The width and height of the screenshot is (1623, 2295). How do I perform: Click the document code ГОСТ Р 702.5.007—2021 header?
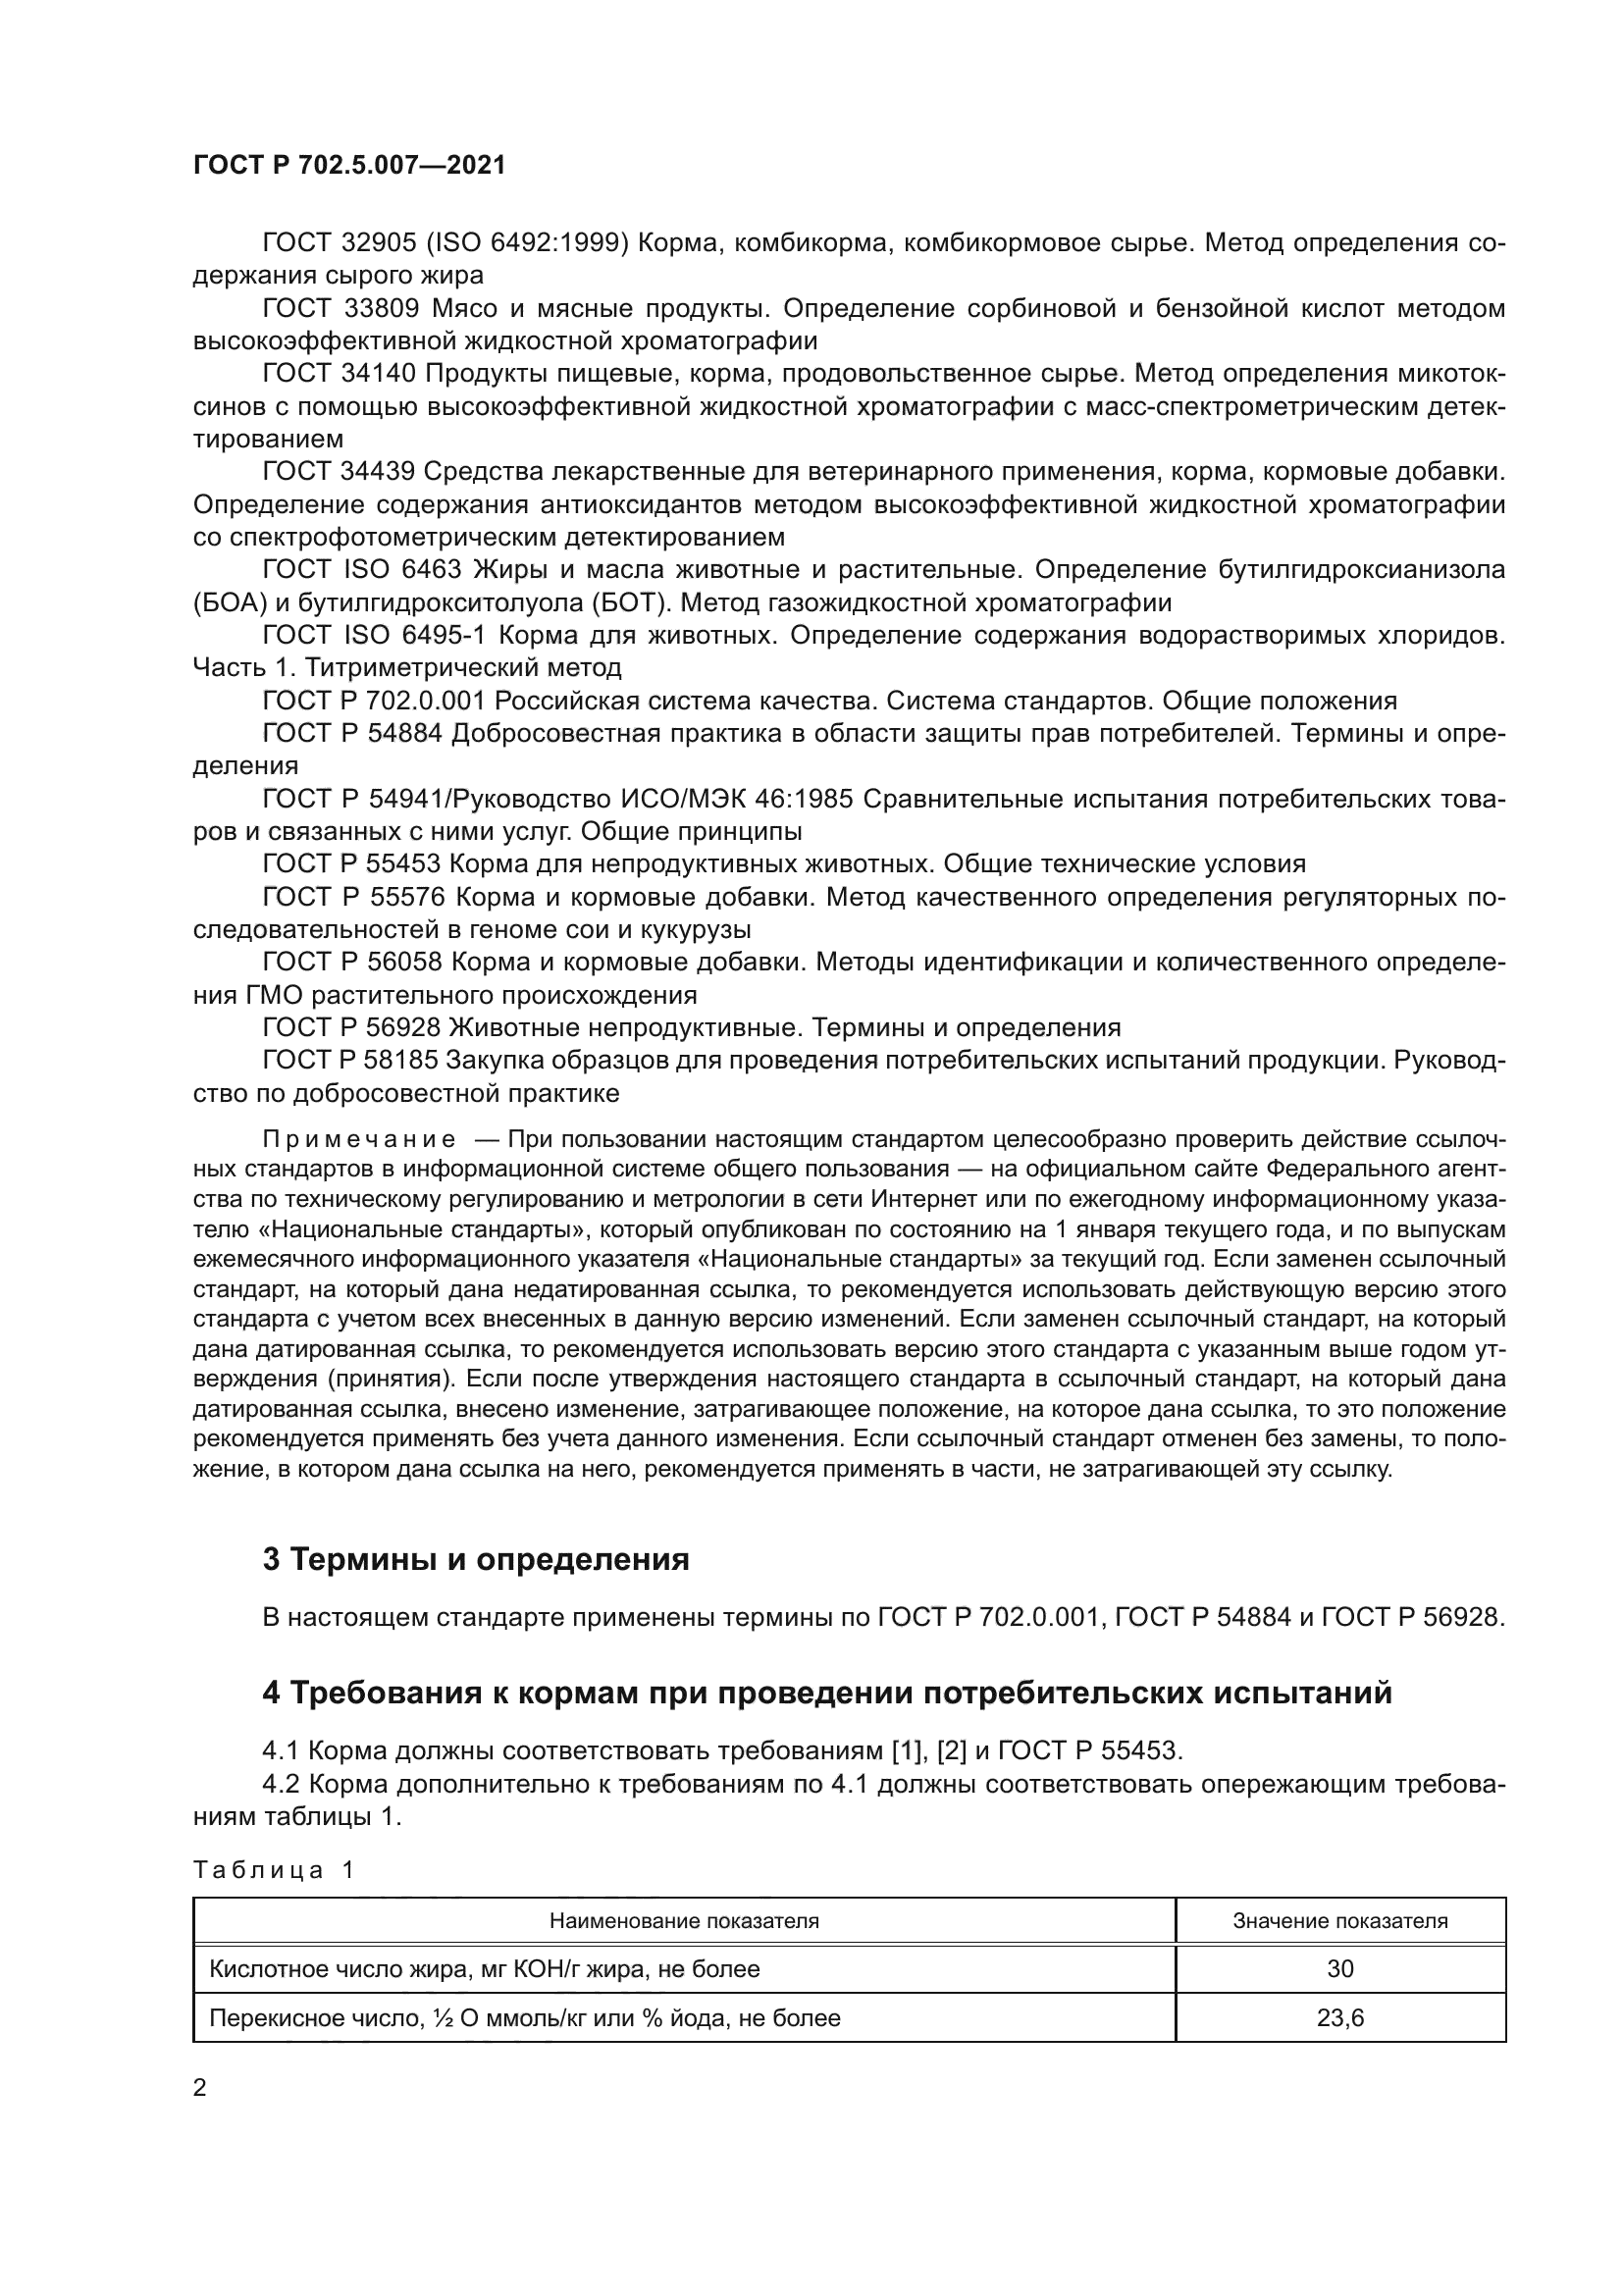[x=348, y=166]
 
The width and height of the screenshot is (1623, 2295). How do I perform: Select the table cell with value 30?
[x=1339, y=1969]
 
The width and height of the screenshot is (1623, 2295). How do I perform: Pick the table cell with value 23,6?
[x=1339, y=2018]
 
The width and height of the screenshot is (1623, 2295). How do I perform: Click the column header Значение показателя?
[x=1339, y=1921]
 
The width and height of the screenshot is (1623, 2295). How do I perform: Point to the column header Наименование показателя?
[x=684, y=1921]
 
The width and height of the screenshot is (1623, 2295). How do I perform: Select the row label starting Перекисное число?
[x=524, y=2018]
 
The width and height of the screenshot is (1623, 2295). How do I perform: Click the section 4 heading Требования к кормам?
[x=826, y=1694]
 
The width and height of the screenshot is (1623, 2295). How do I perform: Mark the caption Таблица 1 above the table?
[x=273, y=1870]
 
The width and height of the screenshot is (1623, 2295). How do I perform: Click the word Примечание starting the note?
[x=359, y=1140]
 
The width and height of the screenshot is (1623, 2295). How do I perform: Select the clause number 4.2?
[x=281, y=1784]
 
